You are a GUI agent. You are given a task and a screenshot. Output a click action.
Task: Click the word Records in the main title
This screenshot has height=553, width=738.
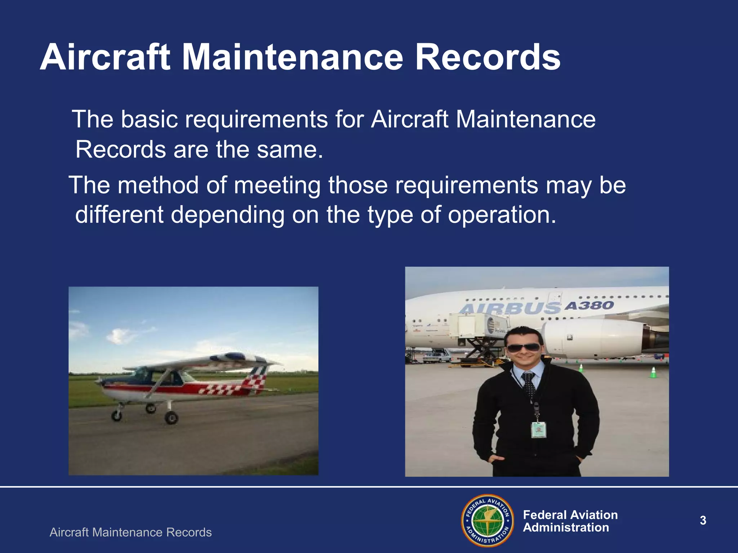(x=488, y=58)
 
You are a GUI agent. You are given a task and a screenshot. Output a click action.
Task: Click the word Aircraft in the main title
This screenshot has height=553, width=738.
(x=105, y=58)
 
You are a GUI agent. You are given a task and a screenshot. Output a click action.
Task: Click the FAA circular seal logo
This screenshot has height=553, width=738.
(x=487, y=520)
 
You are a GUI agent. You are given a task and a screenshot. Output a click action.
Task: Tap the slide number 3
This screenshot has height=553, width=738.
(x=703, y=521)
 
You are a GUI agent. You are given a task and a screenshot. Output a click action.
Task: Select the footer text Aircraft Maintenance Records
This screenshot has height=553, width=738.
(x=130, y=532)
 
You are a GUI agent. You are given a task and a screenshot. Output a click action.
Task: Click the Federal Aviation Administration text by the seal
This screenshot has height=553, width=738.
(x=570, y=521)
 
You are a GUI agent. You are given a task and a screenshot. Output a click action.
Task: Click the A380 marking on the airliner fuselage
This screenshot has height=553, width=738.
(x=589, y=306)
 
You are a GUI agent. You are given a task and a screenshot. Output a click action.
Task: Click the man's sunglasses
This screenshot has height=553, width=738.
(x=523, y=348)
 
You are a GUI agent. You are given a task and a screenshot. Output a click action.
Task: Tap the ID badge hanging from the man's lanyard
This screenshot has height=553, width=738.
(x=538, y=430)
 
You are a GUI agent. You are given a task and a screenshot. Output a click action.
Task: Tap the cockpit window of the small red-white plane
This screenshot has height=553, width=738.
(x=144, y=376)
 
